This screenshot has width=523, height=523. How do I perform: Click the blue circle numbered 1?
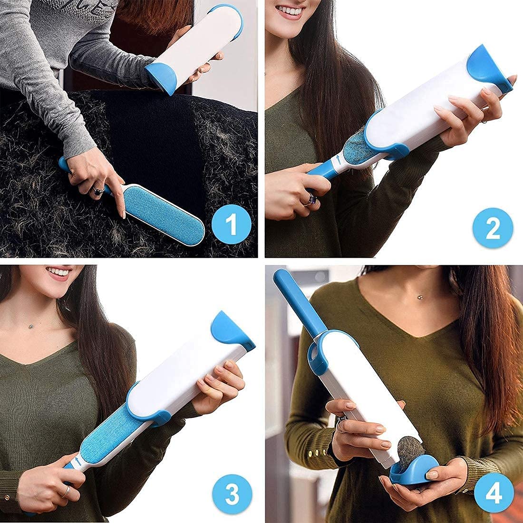click(x=231, y=224)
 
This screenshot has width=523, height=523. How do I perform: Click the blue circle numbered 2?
click(x=493, y=228)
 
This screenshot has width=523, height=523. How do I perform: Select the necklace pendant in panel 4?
click(x=420, y=297)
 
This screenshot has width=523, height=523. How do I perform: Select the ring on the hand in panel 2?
click(x=311, y=200)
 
